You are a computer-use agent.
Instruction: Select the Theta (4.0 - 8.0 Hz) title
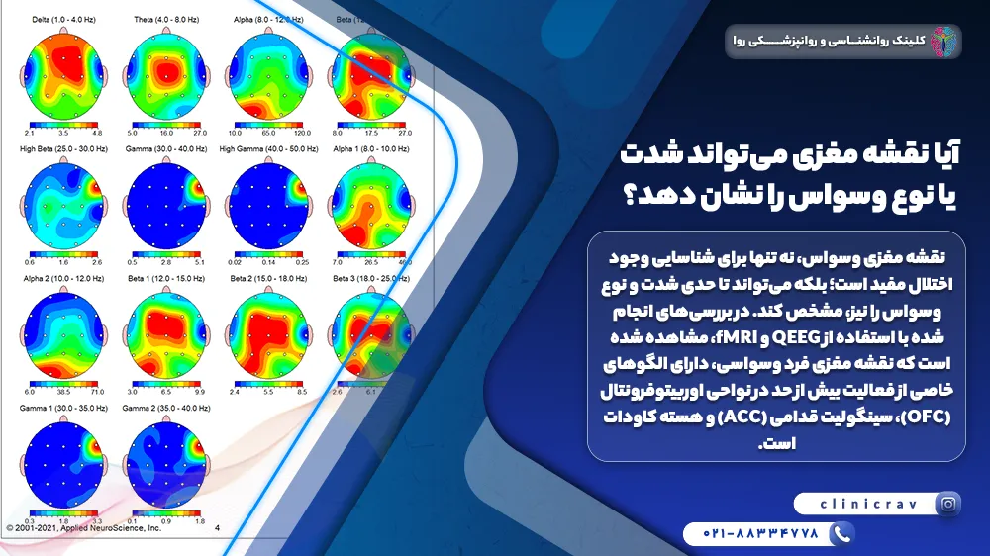(165, 19)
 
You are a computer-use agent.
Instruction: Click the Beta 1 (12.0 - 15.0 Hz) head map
(165, 337)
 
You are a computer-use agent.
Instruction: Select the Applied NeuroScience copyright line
(83, 528)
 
